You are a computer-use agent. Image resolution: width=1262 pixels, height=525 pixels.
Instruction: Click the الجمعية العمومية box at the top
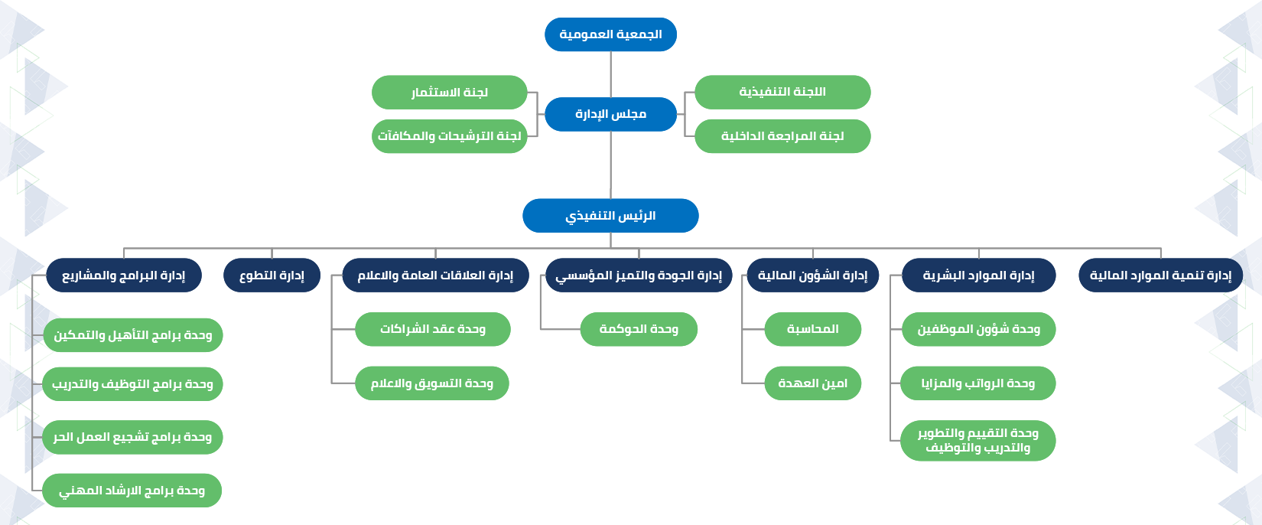coord(610,34)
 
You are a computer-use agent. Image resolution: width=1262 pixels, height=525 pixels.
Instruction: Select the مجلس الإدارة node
coord(610,115)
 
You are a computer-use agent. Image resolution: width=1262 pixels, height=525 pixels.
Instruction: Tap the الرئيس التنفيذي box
coord(610,215)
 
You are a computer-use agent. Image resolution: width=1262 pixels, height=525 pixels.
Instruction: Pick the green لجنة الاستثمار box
coord(450,93)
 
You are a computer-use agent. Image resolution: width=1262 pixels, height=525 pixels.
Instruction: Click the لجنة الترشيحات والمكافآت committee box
coord(450,136)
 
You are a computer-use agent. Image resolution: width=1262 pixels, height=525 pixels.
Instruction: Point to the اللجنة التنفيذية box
coord(782,92)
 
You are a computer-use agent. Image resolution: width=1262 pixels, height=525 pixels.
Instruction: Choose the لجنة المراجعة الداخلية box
coord(782,136)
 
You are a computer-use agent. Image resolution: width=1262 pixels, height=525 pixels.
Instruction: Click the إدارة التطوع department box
coord(272,276)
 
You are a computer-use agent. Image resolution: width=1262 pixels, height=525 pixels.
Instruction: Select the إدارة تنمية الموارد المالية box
coord(1160,276)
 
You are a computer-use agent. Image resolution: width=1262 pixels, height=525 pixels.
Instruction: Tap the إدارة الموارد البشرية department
coord(978,276)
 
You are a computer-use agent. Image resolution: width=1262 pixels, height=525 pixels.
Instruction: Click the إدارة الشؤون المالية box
coord(813,276)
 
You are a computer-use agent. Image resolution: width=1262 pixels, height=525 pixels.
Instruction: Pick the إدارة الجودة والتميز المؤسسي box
coord(639,276)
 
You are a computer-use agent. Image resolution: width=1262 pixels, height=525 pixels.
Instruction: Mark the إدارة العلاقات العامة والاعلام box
coord(435,276)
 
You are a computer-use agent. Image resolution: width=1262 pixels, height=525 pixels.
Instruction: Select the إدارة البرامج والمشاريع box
coord(124,276)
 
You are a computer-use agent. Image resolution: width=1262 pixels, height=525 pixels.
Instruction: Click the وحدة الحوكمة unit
coord(639,329)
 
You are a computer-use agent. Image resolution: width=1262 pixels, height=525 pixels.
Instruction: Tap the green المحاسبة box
coord(813,329)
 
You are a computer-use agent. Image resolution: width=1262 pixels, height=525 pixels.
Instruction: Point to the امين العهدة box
coord(813,383)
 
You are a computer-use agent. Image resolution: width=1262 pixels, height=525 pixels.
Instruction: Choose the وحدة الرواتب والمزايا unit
coord(978,383)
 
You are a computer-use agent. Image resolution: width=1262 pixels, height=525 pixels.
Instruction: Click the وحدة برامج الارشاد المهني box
coord(132,491)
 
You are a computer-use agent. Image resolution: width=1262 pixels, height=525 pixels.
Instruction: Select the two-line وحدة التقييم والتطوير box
coord(978,440)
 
